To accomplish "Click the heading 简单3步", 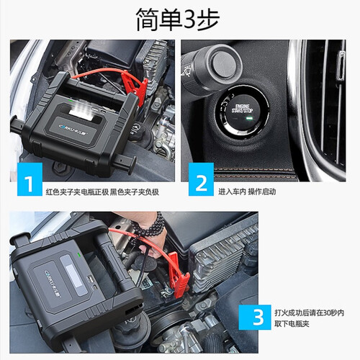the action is click(x=178, y=19).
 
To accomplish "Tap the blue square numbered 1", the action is click(x=30, y=179).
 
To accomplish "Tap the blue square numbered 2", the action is click(x=201, y=179).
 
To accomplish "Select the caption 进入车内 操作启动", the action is click(x=247, y=192).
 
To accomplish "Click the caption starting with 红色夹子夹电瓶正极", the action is click(x=102, y=192).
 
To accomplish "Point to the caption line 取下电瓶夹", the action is click(x=292, y=324).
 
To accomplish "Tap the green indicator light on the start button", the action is click(x=249, y=118).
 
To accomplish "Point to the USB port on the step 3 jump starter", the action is click(x=91, y=279).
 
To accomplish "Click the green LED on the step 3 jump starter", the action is click(x=78, y=253).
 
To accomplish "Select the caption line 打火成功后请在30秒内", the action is click(x=310, y=312).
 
